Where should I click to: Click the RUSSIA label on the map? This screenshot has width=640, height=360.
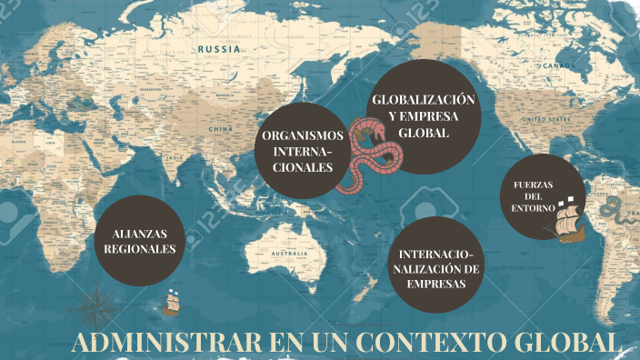(x=220, y=49)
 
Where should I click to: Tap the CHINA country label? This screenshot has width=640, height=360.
(x=222, y=129)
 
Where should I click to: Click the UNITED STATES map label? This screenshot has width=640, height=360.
(x=545, y=118)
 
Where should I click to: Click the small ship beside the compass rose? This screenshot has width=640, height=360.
(x=171, y=303)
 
